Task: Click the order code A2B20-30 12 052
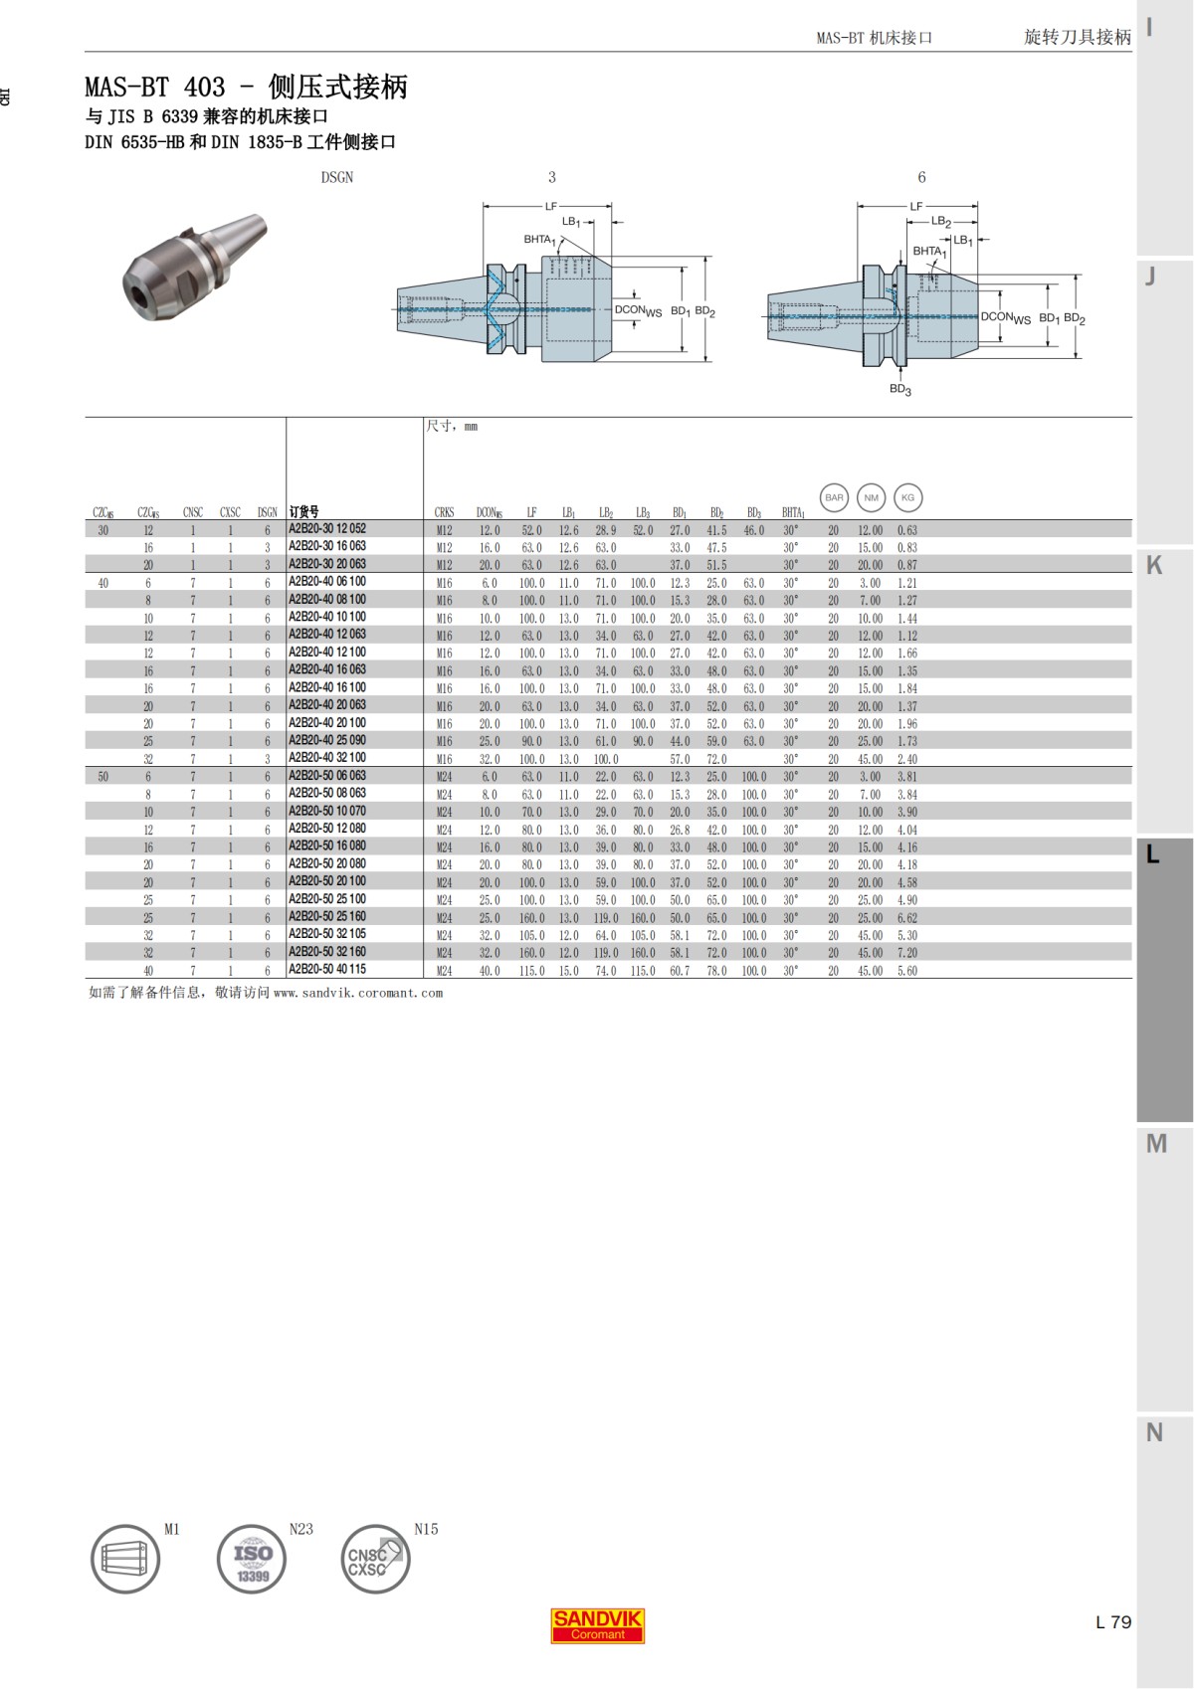point(327,529)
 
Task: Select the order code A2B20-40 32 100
point(327,758)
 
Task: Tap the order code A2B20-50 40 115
point(327,970)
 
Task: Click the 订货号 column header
point(303,512)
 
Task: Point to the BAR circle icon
point(834,497)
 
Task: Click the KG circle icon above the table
point(907,497)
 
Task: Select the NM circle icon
point(871,497)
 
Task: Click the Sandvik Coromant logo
point(598,1625)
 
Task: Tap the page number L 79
point(1113,1622)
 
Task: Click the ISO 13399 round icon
point(252,1559)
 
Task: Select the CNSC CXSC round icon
point(375,1559)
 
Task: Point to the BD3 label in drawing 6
point(899,389)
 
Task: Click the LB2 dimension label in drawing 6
point(941,222)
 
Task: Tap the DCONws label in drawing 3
point(638,310)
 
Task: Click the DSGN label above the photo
point(336,177)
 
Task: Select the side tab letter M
point(1155,1144)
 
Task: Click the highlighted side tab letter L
point(1152,854)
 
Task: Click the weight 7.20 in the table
point(906,953)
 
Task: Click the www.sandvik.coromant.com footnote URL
point(357,993)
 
